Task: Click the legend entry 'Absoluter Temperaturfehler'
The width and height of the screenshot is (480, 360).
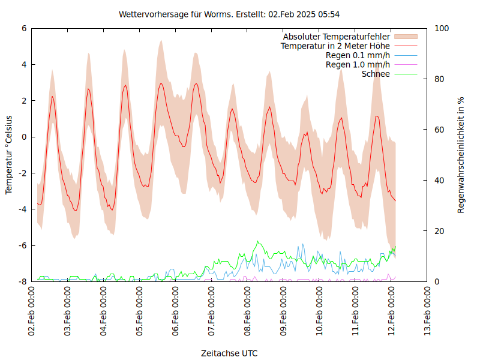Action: (336, 37)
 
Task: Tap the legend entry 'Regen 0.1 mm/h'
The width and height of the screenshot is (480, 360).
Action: (358, 55)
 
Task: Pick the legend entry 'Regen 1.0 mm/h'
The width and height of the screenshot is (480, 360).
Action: (358, 65)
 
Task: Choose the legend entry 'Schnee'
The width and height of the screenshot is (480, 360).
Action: (376, 74)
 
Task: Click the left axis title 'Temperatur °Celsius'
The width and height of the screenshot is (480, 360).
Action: (9, 154)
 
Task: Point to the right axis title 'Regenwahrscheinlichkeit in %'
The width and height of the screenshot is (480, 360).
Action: (461, 155)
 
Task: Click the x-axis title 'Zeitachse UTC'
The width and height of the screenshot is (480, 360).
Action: (229, 353)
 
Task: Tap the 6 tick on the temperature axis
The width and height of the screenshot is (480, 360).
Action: (24, 28)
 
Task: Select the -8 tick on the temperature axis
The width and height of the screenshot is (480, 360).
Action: (22, 281)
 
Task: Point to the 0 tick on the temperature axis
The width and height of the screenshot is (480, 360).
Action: (24, 137)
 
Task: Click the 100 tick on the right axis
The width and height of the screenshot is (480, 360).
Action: (442, 28)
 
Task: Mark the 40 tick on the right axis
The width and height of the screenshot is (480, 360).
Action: (440, 180)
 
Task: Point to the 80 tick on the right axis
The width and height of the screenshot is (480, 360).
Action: (440, 79)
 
